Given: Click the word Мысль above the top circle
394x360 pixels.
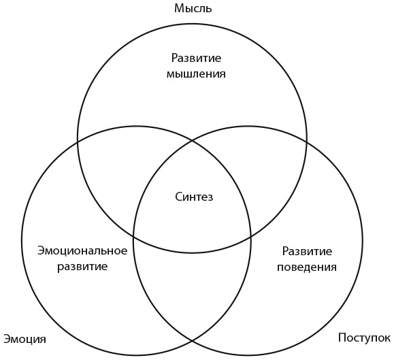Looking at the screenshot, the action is [193, 8].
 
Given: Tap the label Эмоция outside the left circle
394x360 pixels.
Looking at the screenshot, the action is [25, 339].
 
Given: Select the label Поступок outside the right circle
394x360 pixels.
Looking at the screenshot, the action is [364, 338].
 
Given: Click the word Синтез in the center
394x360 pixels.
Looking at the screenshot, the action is [194, 197].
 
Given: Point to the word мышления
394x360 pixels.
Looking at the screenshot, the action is [196, 74].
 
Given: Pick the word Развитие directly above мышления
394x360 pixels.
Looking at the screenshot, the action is [196, 58].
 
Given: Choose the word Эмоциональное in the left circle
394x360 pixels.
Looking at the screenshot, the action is [82, 250].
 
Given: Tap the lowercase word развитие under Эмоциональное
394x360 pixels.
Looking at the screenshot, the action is [82, 267].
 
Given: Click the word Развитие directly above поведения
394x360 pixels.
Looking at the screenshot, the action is [307, 251].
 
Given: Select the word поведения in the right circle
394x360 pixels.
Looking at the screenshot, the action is [307, 267].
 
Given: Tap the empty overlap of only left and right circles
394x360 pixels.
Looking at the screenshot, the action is [192, 289].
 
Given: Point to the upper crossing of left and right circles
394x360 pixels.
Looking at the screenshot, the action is [193, 141].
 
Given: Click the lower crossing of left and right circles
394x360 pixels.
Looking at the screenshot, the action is [192, 341].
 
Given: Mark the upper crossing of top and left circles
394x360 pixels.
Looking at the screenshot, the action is [78, 142].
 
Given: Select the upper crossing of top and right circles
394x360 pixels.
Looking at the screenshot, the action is [306, 142].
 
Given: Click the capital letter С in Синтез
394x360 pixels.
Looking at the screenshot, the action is [178, 197].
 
